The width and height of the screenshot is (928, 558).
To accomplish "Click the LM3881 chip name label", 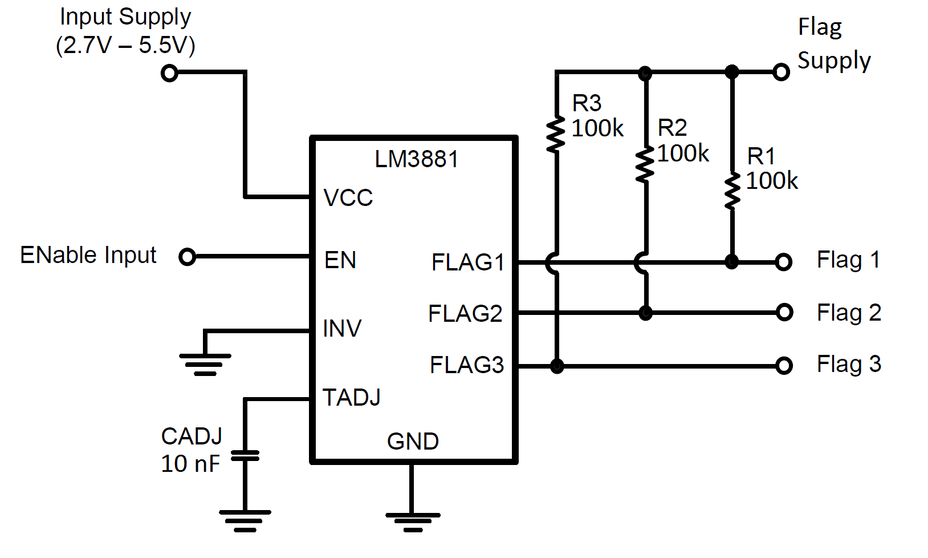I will click(416, 159).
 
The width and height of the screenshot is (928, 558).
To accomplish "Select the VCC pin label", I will click(348, 198).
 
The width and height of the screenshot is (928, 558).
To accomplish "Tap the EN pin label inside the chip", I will click(340, 260).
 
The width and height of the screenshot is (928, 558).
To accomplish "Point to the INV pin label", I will click(342, 329).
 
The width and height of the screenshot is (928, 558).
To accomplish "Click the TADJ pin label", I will click(351, 398).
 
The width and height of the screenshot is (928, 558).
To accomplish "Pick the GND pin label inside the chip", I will click(413, 442).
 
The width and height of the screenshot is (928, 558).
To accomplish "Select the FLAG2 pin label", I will click(465, 314).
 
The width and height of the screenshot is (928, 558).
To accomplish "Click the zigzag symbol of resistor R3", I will click(556, 135).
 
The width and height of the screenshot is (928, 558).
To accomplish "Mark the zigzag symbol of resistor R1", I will click(732, 192).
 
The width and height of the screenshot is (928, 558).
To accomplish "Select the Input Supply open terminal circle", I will click(169, 73).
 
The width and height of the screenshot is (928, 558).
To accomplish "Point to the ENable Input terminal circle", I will click(187, 257).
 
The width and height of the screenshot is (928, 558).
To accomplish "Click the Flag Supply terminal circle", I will click(781, 72).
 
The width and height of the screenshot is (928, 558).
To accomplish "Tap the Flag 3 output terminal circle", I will click(784, 365).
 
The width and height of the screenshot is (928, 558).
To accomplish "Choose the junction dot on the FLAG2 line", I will click(645, 313).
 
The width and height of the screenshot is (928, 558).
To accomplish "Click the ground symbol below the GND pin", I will click(413, 521).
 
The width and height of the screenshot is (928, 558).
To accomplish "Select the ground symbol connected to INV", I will click(205, 363).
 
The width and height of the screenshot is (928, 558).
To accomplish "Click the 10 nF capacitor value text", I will click(190, 464).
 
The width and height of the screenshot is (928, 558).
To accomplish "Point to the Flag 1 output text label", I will click(848, 260).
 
